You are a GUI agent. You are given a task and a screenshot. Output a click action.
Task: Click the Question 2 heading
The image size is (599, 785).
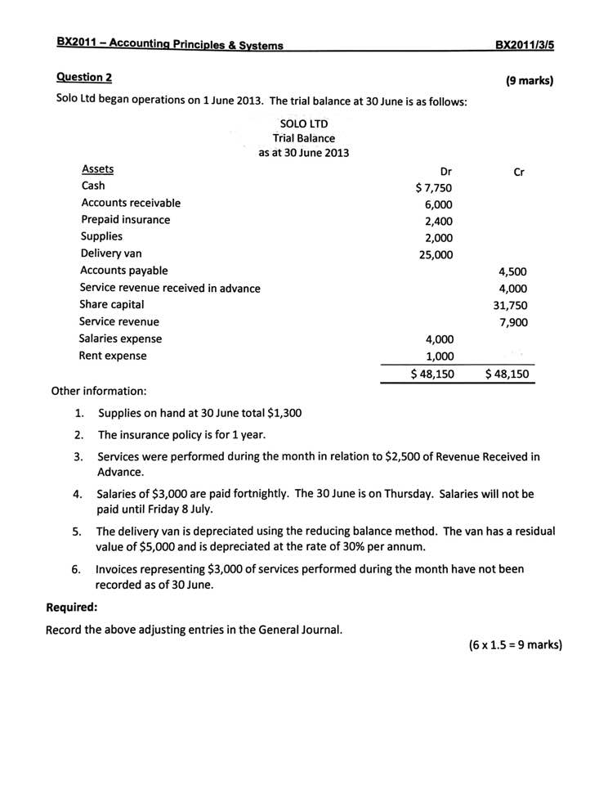[x=84, y=77]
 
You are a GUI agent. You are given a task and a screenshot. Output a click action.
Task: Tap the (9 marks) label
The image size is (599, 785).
[x=530, y=81]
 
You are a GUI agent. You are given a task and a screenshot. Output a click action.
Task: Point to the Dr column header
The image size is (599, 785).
[x=445, y=172]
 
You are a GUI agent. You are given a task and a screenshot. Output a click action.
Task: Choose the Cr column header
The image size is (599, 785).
[x=518, y=172]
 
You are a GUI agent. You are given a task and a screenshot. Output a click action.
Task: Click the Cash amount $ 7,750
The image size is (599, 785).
[x=433, y=188]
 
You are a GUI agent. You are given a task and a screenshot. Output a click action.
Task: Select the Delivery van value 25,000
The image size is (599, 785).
[x=436, y=255]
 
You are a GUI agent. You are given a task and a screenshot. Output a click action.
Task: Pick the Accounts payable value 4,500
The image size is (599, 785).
[x=512, y=272]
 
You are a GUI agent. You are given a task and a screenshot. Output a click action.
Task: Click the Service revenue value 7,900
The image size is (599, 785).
[x=512, y=322]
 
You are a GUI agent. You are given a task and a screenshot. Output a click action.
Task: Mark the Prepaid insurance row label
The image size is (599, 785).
[x=126, y=220]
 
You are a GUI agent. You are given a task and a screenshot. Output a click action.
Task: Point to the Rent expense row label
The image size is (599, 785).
[x=113, y=356]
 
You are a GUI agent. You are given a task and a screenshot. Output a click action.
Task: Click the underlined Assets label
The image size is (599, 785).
[x=97, y=169]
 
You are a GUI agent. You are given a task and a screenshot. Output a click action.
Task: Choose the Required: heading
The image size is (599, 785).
[x=71, y=608]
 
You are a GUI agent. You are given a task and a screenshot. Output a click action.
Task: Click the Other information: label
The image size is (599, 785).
[x=99, y=391]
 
